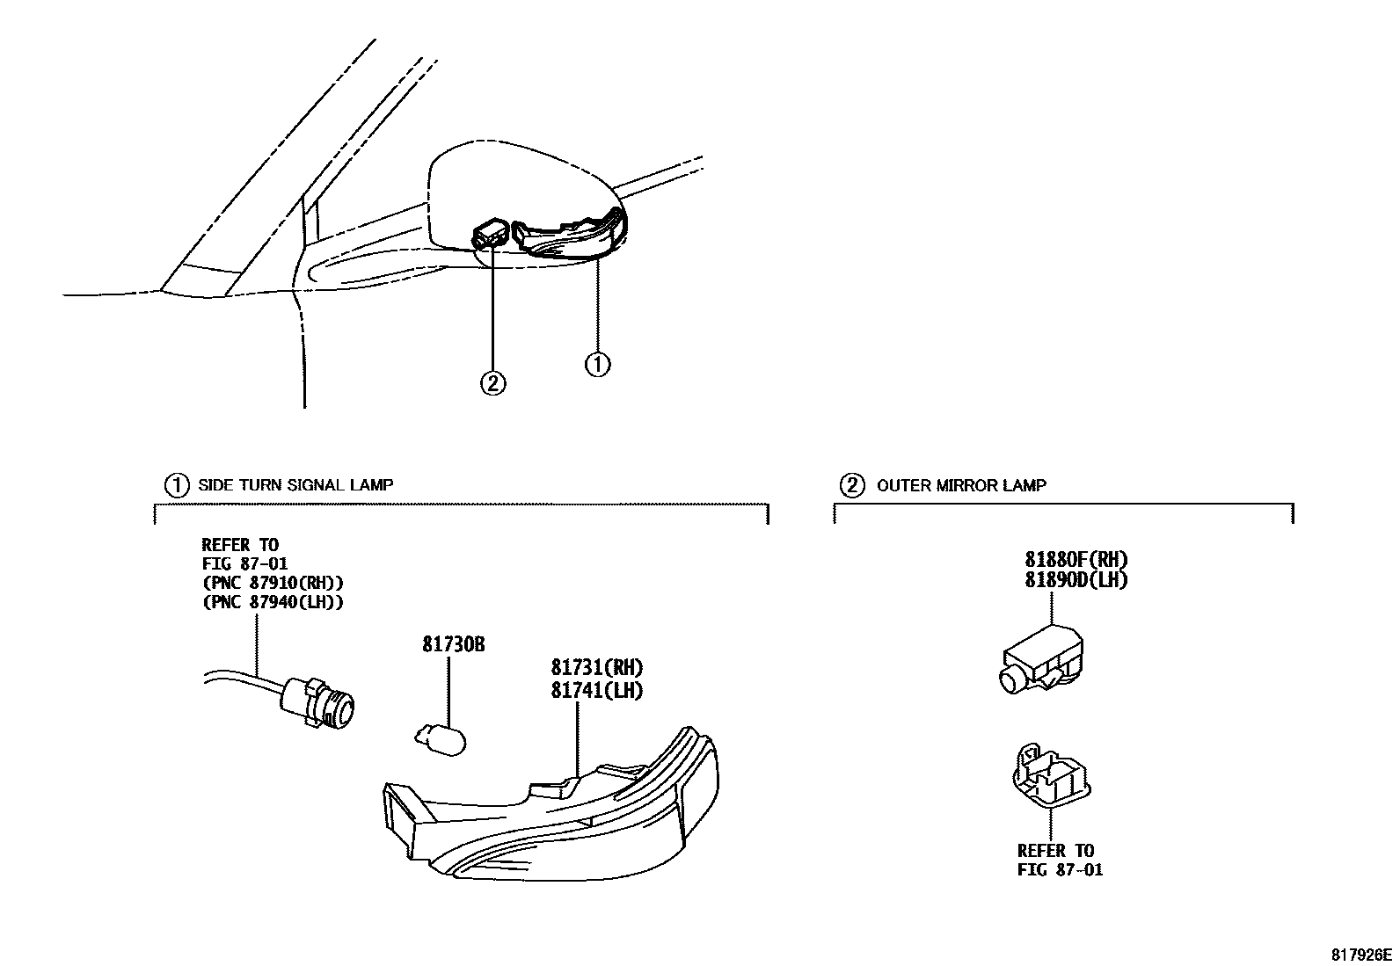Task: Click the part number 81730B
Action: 454,644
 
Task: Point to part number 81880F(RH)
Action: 1076,559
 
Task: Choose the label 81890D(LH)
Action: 1076,580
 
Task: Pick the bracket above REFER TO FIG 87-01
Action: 1050,776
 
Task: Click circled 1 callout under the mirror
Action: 597,363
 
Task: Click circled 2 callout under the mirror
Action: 492,382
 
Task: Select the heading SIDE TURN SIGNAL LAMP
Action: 295,484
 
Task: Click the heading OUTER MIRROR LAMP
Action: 961,484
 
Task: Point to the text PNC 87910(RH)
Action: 273,583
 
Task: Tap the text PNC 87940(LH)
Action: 273,602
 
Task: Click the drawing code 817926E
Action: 1360,955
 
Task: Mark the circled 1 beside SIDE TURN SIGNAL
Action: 177,484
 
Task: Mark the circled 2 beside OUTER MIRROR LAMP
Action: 851,484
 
